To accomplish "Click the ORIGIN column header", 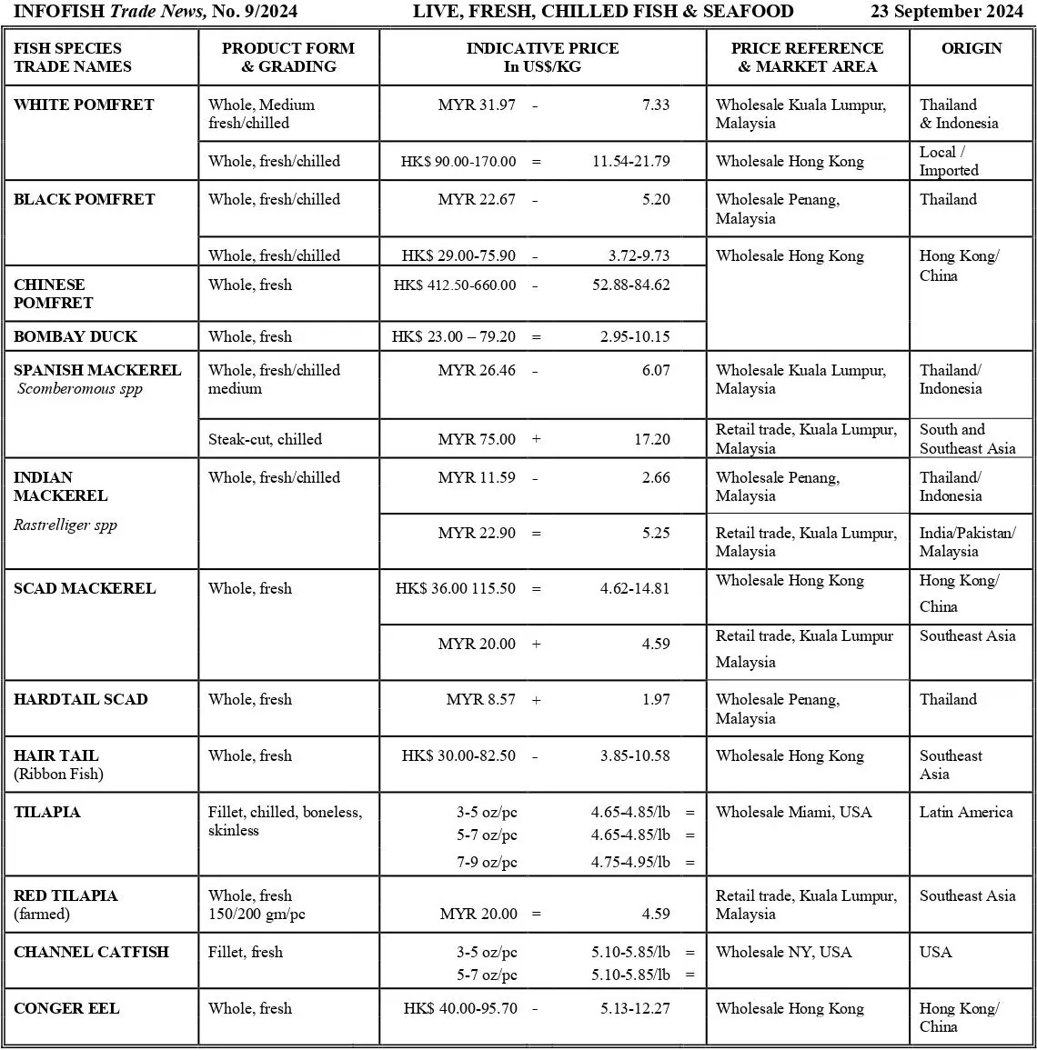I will pos(972,48).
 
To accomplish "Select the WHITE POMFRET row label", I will pos(84,105).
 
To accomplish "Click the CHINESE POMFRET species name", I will pos(54,294).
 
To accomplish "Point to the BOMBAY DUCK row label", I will pos(76,336).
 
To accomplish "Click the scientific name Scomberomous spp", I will pos(80,389).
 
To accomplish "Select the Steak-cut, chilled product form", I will pos(265,439).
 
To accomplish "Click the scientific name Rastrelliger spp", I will pos(65,525).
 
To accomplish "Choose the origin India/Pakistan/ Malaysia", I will pos(967,542).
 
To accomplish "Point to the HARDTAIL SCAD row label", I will pos(80,699).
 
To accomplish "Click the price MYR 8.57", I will pos(480,699).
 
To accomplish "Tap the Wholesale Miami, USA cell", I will pos(793,812).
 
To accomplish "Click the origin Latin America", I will pos(965,812).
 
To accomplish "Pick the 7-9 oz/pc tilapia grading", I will pos(487,862).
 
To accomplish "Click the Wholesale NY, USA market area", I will pos(783,952).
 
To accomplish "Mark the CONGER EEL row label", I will pos(66,1008).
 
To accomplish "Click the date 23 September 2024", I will pos(947,12).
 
